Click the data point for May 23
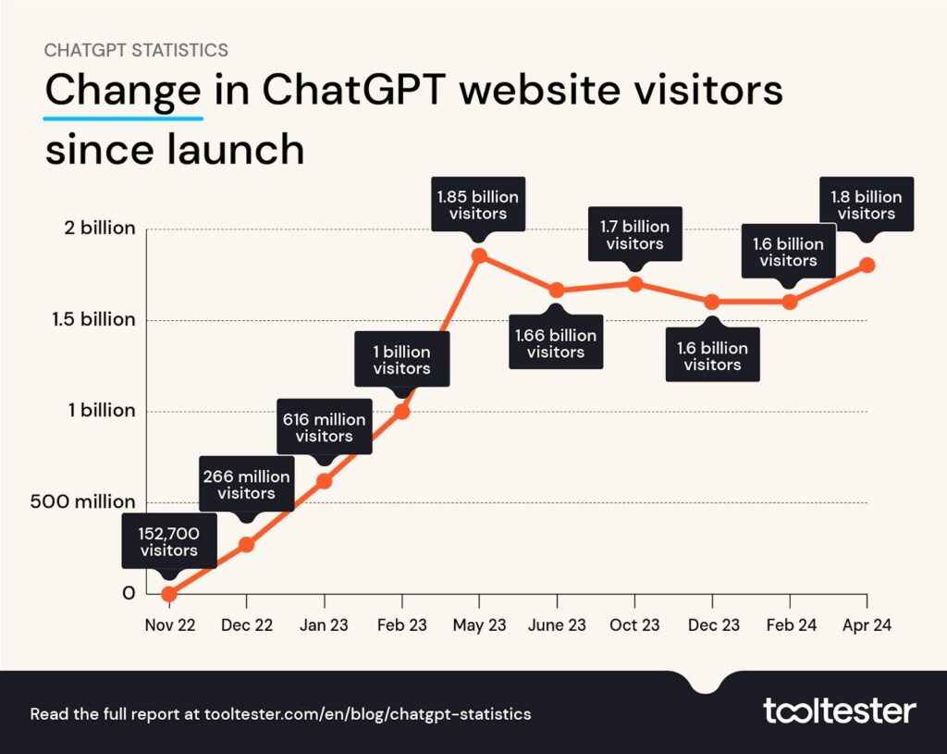point(479,256)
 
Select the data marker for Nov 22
point(169,594)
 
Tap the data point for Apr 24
point(867,265)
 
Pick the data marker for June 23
point(557,290)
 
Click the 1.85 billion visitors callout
point(478,204)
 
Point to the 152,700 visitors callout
point(169,541)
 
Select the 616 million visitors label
point(324,427)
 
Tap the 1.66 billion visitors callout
point(556,343)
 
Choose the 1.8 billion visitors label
point(866,204)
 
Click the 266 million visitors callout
point(247,484)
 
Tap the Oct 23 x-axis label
point(634,625)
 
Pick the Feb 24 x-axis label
point(790,625)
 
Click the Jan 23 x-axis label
point(324,625)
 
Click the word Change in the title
point(123,93)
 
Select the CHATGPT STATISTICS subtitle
point(136,49)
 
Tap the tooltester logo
point(839,711)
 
